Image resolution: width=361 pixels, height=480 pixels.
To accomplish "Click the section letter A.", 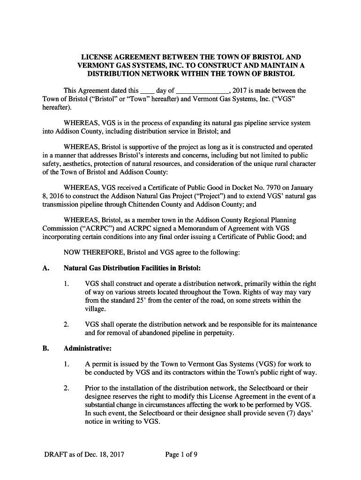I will click(45, 269).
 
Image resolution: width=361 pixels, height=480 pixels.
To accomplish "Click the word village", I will click(96, 309).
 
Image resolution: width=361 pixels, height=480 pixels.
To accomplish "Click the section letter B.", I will click(45, 349).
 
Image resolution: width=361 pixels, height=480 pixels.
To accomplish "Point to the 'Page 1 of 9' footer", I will click(181, 454).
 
